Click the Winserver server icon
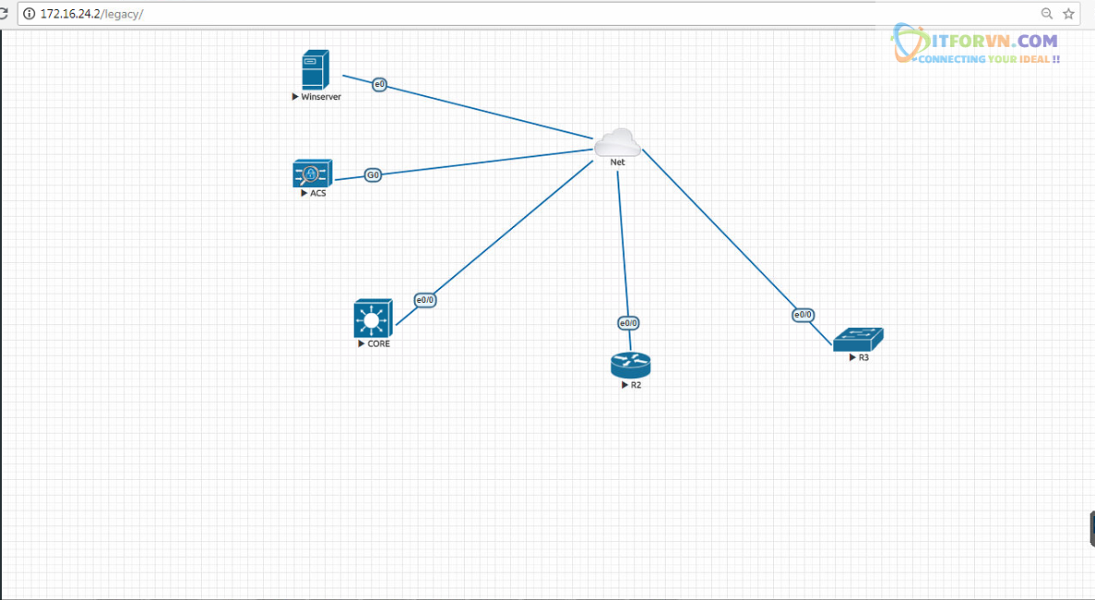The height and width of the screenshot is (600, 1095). coord(315,71)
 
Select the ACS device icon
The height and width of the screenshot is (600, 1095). coord(312,174)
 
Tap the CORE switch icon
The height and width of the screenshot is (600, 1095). coord(373,318)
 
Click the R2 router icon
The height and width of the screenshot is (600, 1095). coord(631,365)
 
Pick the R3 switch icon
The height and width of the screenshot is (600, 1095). coord(858,340)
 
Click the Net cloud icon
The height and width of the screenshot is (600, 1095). coord(617,143)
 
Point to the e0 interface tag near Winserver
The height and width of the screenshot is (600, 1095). coord(379,85)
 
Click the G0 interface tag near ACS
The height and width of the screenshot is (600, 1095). coord(373,174)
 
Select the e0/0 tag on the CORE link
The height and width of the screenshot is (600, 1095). coord(424,300)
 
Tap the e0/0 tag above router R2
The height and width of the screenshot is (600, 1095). coord(628,323)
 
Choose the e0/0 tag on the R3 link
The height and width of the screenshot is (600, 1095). coord(803,315)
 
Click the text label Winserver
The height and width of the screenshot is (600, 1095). coord(321,97)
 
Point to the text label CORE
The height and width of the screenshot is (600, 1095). coord(378,344)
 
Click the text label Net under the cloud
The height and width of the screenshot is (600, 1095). coord(617,162)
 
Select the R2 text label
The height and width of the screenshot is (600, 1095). coord(636,385)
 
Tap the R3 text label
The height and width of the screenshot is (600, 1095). coord(863,357)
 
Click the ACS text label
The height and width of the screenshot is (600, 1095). coord(317,194)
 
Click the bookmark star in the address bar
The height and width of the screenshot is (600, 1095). coord(1069,14)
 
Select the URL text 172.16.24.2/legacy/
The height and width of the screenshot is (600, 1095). coord(91,14)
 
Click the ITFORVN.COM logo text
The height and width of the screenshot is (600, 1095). coord(987,41)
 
